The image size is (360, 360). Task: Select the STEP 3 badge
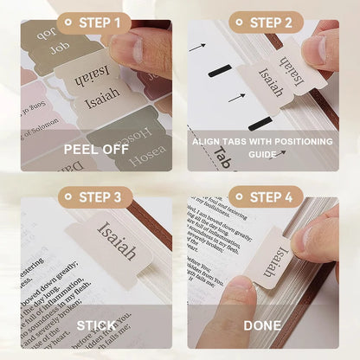[96, 196]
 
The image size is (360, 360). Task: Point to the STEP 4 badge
[266, 196]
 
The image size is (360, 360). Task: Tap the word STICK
[96, 326]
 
